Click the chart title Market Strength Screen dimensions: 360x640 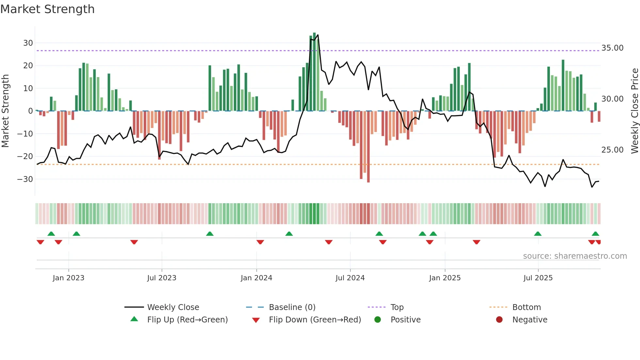[x=47, y=9]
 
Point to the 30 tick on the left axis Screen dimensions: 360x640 [x=28, y=43]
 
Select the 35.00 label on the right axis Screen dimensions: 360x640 [x=612, y=48]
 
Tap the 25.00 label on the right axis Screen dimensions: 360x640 [x=612, y=150]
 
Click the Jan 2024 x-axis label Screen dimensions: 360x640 [x=256, y=278]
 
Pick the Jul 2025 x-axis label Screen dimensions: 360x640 [x=538, y=278]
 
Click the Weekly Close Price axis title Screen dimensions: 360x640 [x=634, y=111]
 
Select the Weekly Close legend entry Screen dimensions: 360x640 [x=173, y=307]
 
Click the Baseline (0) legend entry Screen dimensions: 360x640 [x=292, y=307]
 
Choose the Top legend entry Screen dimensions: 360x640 [x=397, y=307]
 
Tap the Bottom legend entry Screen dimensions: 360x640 [x=526, y=307]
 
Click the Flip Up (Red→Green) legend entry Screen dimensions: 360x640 [x=187, y=320]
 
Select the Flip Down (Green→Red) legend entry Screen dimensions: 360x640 [x=315, y=320]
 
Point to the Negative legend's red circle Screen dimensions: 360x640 [x=499, y=319]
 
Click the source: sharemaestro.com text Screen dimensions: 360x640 [x=575, y=256]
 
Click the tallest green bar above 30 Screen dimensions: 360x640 [x=314, y=72]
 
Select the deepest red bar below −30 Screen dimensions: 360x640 [x=368, y=147]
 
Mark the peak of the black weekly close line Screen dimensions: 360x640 [x=318, y=35]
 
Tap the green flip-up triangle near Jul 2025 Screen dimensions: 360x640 [x=537, y=234]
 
